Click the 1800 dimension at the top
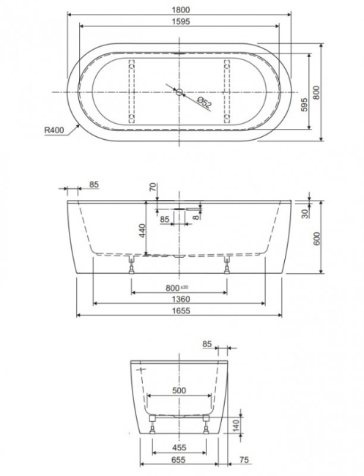click(x=181, y=10)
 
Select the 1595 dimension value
click(x=181, y=21)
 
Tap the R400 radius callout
click(x=54, y=130)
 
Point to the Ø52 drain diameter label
click(x=204, y=103)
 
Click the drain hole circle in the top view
click(x=179, y=92)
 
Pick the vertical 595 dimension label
click(x=304, y=105)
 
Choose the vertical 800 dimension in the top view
click(x=316, y=92)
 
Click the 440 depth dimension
click(x=142, y=231)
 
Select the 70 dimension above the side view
click(x=154, y=187)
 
